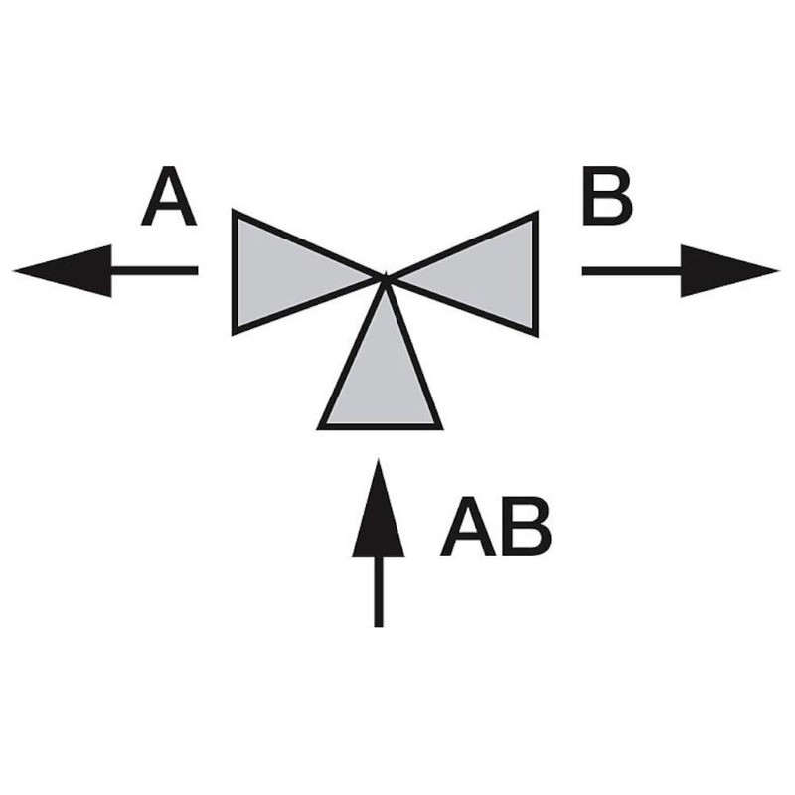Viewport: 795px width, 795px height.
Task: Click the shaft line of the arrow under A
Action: click(x=154, y=270)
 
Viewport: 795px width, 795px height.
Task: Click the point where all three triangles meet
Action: click(x=385, y=277)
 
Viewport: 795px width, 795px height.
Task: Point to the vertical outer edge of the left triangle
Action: click(x=235, y=272)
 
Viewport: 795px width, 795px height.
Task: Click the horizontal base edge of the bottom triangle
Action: click(x=381, y=426)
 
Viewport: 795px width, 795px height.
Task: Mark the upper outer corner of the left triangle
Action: click(x=236, y=213)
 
